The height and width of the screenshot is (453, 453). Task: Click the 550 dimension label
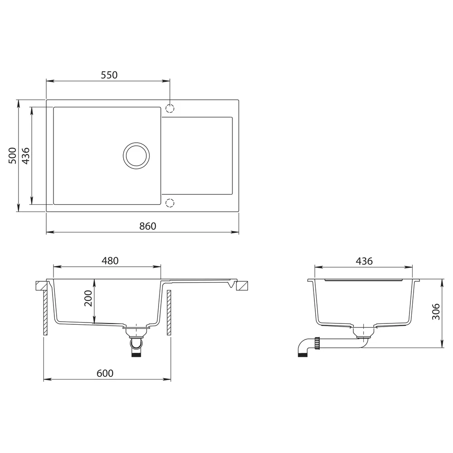pos(109,75)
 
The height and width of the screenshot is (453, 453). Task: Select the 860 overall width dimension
pos(148,226)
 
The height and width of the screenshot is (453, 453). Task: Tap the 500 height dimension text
pos(13,155)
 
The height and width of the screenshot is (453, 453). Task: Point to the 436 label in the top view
pos(26,156)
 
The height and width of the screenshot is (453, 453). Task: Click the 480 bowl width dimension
pos(110,261)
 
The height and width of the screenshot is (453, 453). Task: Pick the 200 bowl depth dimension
pos(88,299)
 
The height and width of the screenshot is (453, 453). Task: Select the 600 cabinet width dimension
pos(105,373)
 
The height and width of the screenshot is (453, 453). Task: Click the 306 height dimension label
pos(436,312)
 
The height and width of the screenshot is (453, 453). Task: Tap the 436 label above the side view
pos(364,261)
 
